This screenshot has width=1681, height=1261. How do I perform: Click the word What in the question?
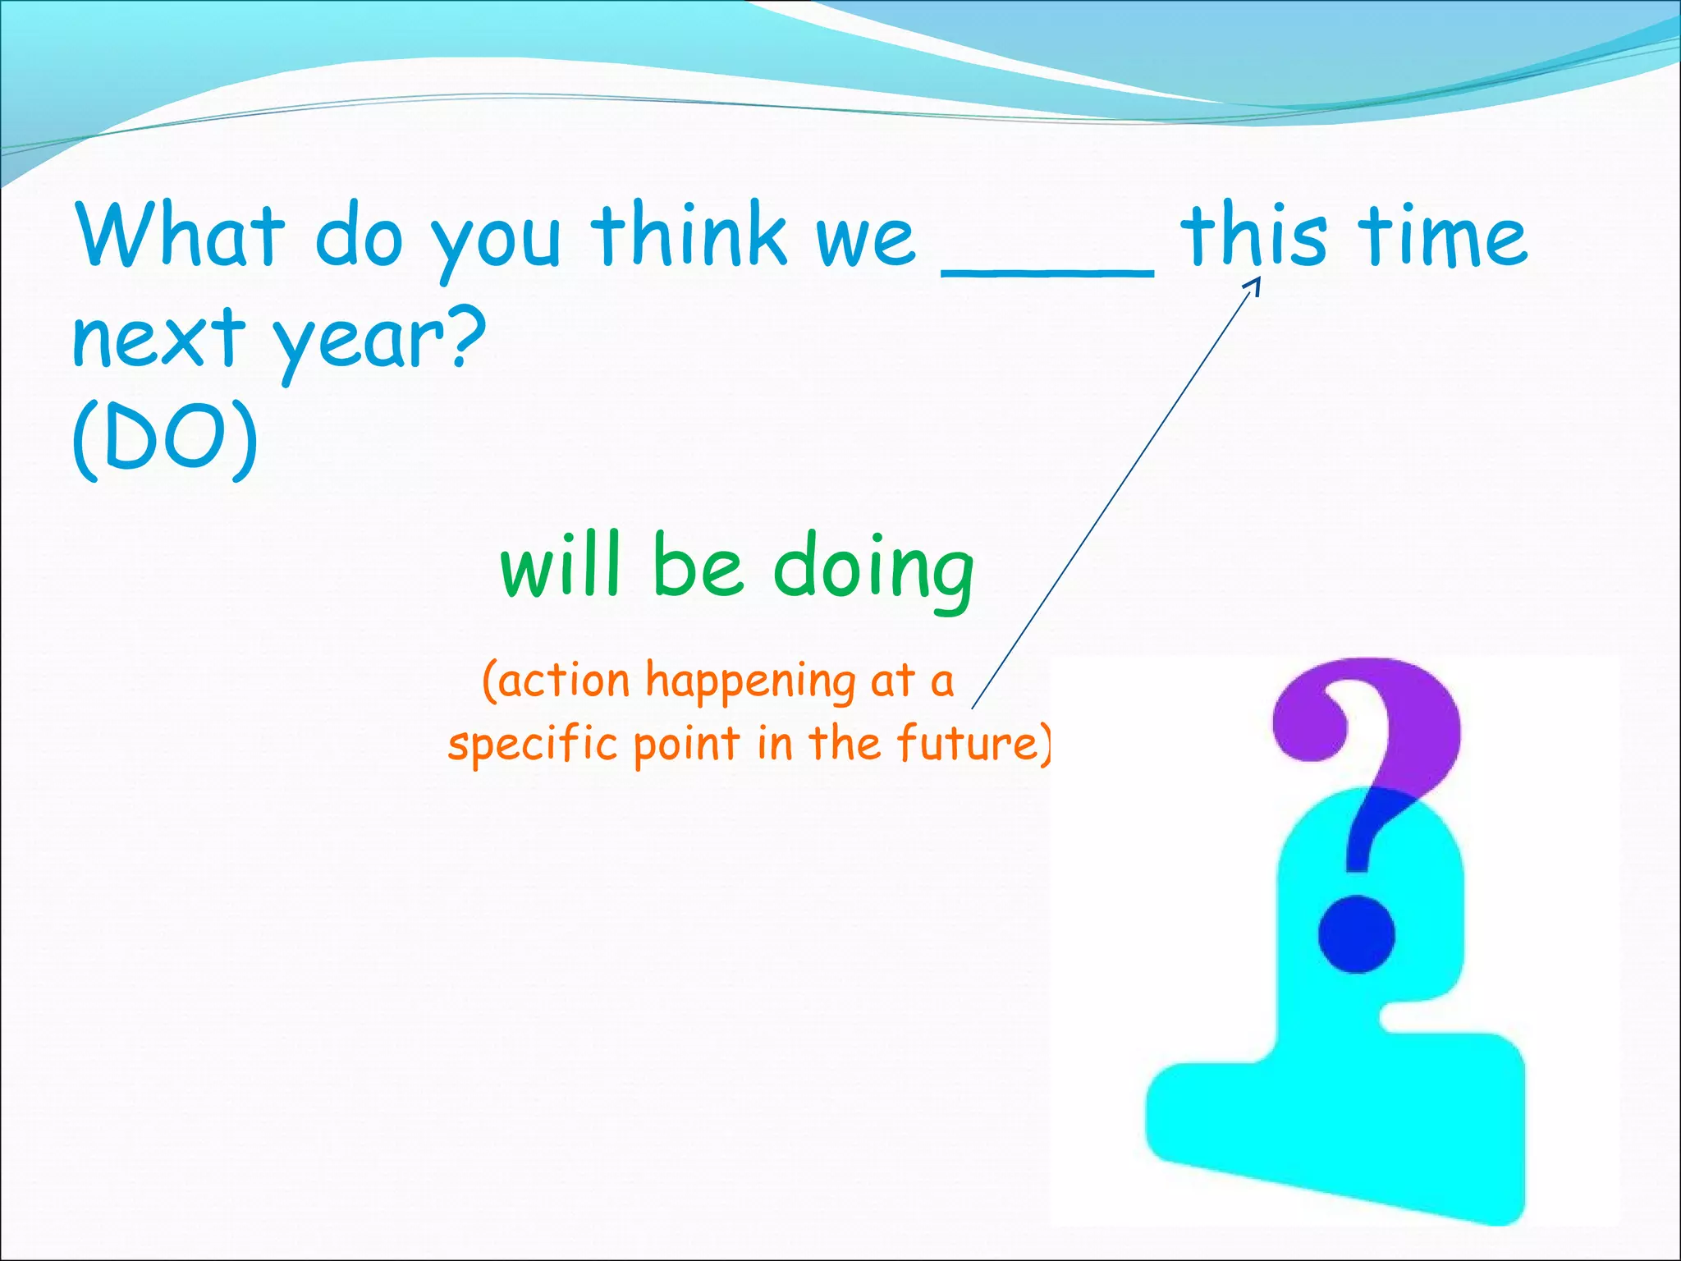pyautogui.click(x=180, y=236)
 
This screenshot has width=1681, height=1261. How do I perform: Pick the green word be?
pyautogui.click(x=698, y=565)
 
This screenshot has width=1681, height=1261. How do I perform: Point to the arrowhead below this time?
pyautogui.click(x=1253, y=285)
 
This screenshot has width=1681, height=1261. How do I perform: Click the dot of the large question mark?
pyautogui.click(x=1356, y=934)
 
